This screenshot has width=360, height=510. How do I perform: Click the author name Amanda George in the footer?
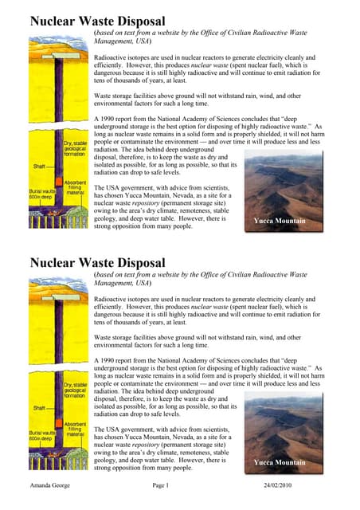[x=49, y=484]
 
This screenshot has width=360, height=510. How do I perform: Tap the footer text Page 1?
[x=161, y=484]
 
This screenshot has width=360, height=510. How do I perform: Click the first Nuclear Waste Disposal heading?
[x=97, y=22]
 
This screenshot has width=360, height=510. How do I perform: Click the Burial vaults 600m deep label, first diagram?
[x=41, y=195]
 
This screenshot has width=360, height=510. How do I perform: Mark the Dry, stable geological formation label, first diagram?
[x=76, y=149]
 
